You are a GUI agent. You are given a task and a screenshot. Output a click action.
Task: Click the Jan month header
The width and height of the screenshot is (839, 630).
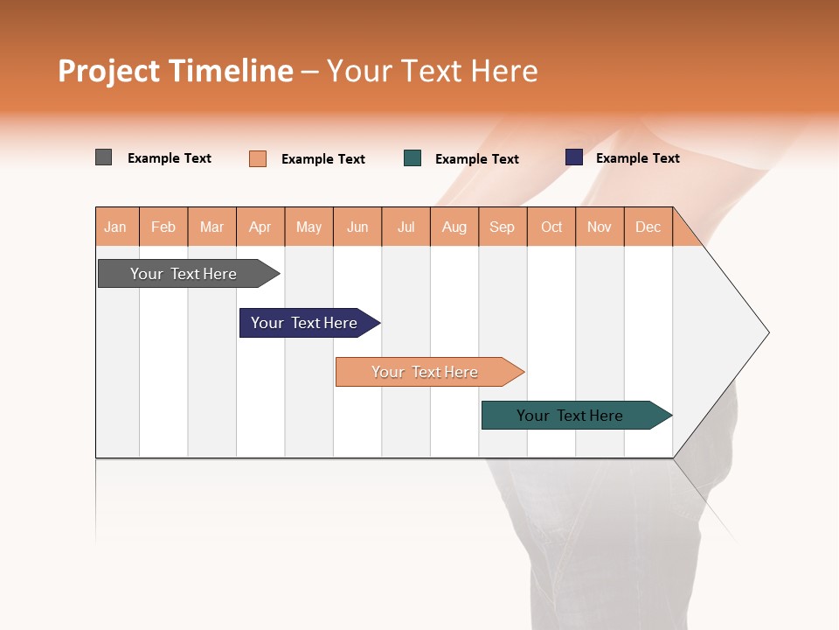[116, 227]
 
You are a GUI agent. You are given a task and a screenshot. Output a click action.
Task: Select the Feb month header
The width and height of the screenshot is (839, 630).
[163, 227]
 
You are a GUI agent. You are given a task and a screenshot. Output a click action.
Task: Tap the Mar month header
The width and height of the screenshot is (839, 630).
[211, 227]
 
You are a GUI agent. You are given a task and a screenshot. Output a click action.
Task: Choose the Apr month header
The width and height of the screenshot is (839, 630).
[260, 227]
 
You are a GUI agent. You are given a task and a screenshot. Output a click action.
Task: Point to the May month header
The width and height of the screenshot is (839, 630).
[309, 227]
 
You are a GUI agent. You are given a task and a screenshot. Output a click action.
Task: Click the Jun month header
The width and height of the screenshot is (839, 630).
[357, 227]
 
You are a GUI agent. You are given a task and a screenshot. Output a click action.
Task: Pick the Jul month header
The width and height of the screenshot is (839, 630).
[406, 227]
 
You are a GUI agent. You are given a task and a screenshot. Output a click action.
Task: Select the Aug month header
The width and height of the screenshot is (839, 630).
[454, 227]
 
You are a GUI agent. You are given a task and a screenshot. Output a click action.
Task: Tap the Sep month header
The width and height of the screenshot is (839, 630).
[503, 227]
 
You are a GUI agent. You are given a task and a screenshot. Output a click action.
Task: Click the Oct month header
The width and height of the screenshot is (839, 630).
[551, 227]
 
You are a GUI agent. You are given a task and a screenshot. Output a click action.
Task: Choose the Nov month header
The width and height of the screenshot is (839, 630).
[600, 227]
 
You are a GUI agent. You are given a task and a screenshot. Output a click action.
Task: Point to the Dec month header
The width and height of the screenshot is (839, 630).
[648, 227]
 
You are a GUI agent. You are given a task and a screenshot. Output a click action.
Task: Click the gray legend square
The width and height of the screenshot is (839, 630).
[104, 157]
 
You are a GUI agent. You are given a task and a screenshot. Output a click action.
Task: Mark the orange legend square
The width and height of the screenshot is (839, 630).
[258, 158]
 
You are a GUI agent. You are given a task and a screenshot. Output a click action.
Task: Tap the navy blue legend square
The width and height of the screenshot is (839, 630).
[574, 157]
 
